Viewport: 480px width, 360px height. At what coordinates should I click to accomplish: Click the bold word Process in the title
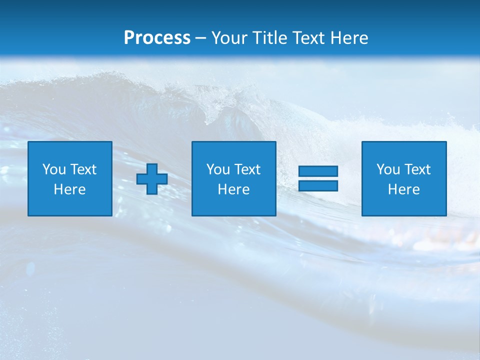pyautogui.click(x=157, y=38)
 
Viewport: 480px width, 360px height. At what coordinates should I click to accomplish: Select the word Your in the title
pyautogui.click(x=227, y=38)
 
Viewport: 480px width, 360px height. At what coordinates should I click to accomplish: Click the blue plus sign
pyautogui.click(x=152, y=178)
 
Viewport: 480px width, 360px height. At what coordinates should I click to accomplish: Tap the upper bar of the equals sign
pyautogui.click(x=318, y=171)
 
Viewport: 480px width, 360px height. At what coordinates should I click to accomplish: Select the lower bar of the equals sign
pyautogui.click(x=318, y=186)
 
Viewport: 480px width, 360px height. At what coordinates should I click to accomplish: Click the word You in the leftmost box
pyautogui.click(x=54, y=169)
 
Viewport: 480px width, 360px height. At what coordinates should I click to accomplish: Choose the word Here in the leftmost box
pyautogui.click(x=69, y=189)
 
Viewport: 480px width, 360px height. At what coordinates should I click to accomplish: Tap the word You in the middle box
pyautogui.click(x=218, y=169)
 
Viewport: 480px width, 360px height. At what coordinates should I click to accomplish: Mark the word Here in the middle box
pyautogui.click(x=233, y=189)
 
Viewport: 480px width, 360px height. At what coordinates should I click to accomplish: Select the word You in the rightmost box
pyautogui.click(x=388, y=169)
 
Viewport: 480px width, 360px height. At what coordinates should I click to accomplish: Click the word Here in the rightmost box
pyautogui.click(x=403, y=189)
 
